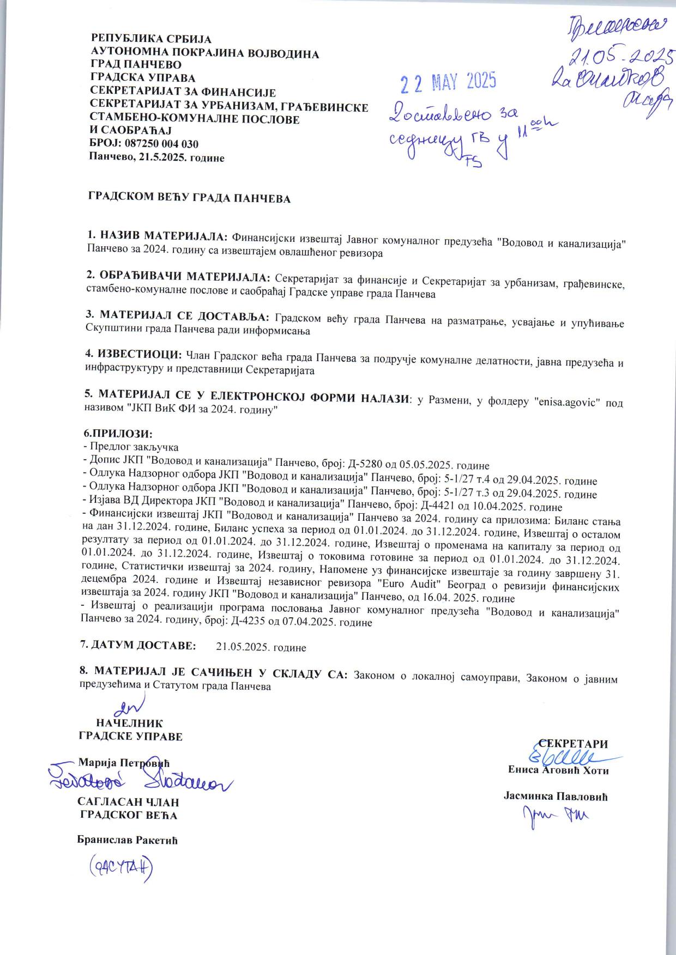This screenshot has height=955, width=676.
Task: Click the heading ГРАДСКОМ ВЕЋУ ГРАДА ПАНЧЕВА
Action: (189, 199)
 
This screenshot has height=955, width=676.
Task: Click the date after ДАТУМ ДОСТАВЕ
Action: (261, 648)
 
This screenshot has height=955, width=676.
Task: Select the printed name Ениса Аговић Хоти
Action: (558, 770)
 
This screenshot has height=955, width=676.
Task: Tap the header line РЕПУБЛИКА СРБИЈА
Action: (151, 39)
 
